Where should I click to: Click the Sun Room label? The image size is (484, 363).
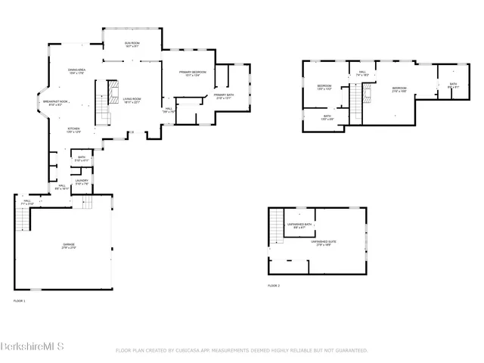132,44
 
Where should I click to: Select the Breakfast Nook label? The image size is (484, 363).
56,102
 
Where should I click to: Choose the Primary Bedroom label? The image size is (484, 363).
189,73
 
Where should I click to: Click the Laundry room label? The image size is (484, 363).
82,181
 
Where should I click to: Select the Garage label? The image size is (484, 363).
69,244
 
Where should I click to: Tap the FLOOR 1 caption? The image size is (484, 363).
20,301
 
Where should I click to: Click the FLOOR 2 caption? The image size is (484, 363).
274,285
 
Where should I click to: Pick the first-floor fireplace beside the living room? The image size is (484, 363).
112,92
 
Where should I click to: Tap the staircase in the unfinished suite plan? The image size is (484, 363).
277,223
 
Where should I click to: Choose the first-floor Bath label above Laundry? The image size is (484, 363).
81,159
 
